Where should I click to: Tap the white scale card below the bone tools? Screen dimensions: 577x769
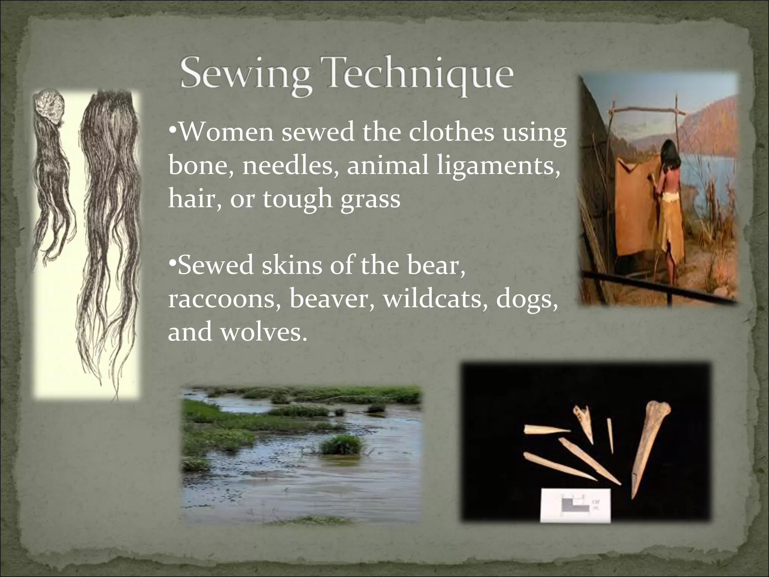pyautogui.click(x=574, y=505)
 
